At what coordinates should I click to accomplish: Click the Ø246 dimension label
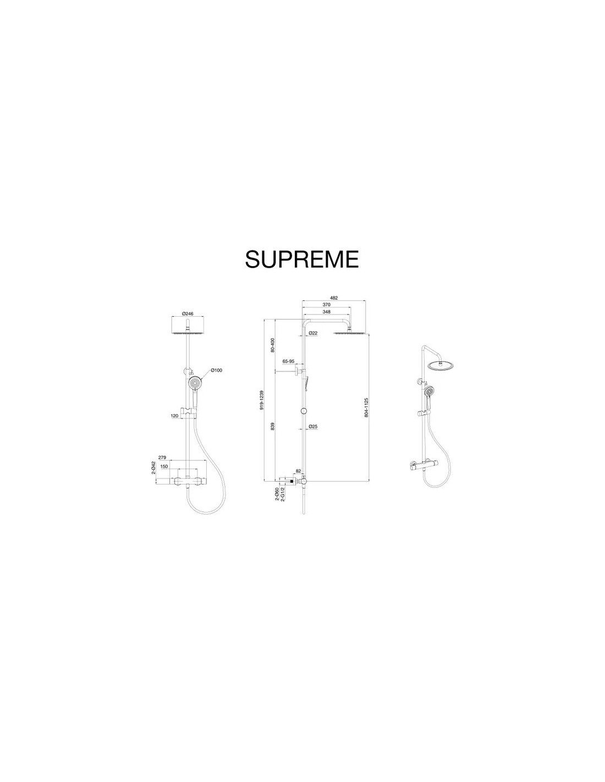pyautogui.click(x=188, y=314)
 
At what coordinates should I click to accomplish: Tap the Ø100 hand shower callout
pyautogui.click(x=216, y=370)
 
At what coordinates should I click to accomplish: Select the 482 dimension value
pyautogui.click(x=334, y=298)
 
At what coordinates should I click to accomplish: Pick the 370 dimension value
pyautogui.click(x=327, y=305)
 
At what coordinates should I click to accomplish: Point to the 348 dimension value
pyautogui.click(x=327, y=312)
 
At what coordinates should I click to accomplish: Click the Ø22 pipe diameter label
pyautogui.click(x=313, y=333)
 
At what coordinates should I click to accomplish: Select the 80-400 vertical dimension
pyautogui.click(x=273, y=345)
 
